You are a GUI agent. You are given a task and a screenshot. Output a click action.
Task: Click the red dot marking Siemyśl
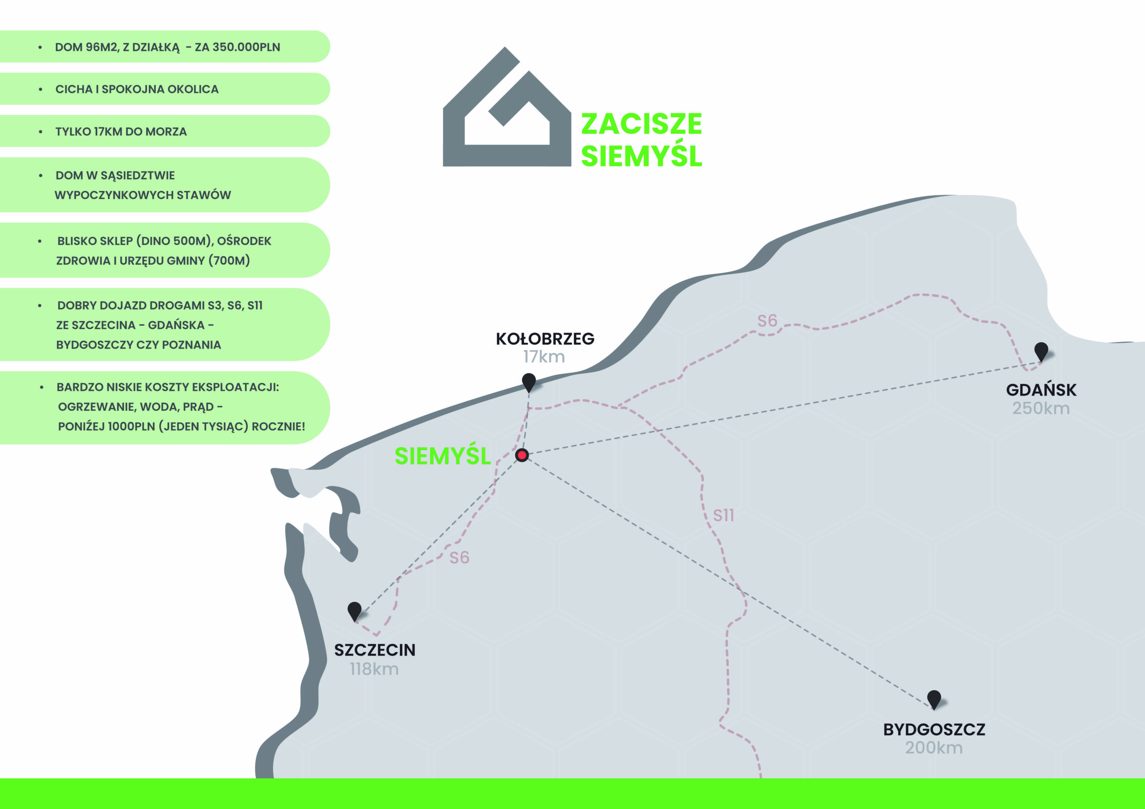[x=522, y=455]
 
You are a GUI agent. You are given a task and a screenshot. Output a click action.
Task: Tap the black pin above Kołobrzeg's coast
[x=529, y=382]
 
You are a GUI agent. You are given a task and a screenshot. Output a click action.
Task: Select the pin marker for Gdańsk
[x=1041, y=351]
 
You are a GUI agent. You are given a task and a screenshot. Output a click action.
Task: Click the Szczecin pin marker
[x=355, y=610]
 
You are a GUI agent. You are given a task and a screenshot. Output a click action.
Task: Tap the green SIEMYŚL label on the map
[x=442, y=456]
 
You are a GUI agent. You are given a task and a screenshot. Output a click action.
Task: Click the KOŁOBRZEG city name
[x=545, y=339]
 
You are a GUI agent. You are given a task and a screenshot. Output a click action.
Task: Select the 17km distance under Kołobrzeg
[x=543, y=357]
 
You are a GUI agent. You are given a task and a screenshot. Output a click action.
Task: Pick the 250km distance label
[x=1041, y=408]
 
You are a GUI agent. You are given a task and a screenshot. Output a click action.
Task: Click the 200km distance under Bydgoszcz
[x=933, y=748]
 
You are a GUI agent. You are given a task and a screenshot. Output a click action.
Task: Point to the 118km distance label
[x=374, y=669]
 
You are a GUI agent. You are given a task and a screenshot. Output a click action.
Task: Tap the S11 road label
[x=724, y=515]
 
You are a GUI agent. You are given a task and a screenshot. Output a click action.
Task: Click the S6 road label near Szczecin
[x=459, y=557]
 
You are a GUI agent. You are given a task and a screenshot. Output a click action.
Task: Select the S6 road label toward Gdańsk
[x=767, y=320]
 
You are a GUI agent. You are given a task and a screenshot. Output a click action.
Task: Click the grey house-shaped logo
[x=507, y=115]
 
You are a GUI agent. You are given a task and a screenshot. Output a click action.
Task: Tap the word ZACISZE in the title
[x=641, y=124]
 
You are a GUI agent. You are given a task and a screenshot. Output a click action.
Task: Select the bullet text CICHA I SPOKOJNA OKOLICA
[x=137, y=89]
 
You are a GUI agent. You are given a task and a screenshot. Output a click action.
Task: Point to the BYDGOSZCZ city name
[x=934, y=730]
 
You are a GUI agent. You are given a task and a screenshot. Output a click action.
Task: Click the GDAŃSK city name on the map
[x=1041, y=390]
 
